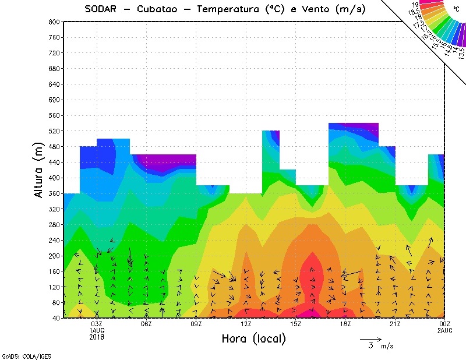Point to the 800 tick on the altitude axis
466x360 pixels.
pos(54,22)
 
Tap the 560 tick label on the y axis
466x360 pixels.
pos(54,115)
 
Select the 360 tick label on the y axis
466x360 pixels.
pos(54,193)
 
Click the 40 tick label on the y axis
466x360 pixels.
pos(56,319)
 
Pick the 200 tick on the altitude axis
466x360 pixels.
pos(54,256)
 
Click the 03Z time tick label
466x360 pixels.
pos(97,324)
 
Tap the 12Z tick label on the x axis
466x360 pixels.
pos(246,324)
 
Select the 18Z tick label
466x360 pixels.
pos(345,324)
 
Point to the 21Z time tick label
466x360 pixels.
pos(395,324)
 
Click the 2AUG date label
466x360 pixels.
pos(445,330)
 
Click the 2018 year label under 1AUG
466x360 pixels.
pos(97,337)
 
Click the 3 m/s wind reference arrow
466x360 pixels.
pos(370,338)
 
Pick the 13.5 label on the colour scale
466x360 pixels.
pos(461,53)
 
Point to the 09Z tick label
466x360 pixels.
pos(196,324)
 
